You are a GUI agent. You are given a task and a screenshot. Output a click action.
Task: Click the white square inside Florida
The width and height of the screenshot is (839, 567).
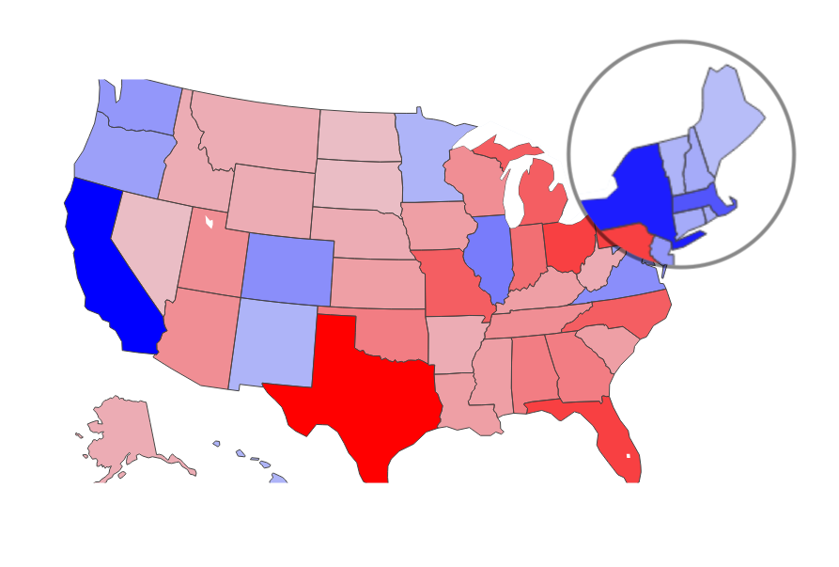coord(629,455)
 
